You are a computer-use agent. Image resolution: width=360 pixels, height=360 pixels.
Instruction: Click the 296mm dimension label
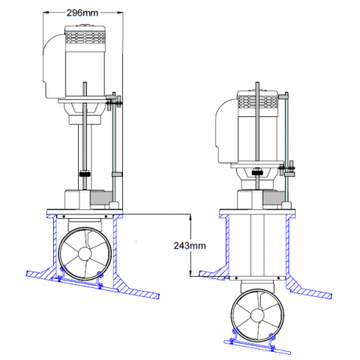pos(82,13)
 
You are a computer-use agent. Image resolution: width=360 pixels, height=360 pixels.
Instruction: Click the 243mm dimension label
pos(190,246)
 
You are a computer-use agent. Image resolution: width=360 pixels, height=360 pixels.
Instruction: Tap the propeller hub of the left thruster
pos(85,254)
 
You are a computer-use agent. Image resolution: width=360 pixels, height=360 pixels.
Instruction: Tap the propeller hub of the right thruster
pos(257,316)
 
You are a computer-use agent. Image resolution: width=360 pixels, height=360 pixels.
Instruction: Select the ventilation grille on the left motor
pos(85,37)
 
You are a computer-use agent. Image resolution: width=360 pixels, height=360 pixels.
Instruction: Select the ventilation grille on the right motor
pos(257,102)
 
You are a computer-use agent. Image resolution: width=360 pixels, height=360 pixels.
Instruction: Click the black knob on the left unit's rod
pos(85,174)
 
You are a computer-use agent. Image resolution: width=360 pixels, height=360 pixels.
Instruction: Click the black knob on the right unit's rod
pos(257,172)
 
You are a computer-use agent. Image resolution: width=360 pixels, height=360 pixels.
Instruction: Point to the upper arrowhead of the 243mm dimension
pos(190,217)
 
